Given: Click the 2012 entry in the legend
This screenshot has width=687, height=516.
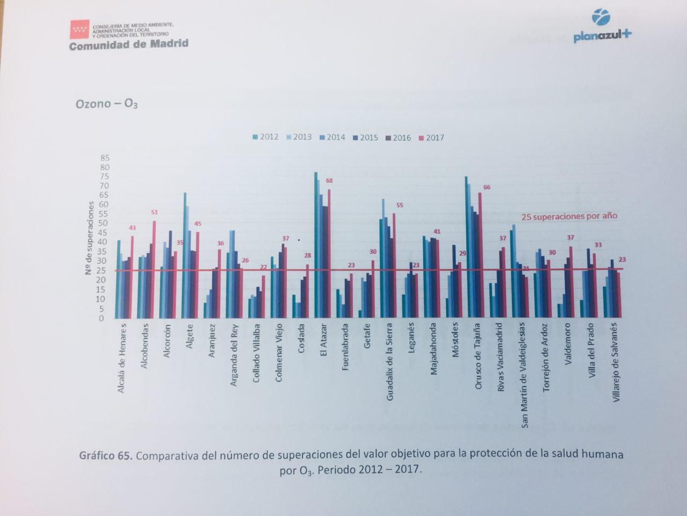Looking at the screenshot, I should point(266,137).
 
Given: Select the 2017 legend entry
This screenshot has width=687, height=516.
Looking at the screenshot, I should point(432,138).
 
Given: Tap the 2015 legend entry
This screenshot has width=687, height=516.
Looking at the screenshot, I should point(366,138).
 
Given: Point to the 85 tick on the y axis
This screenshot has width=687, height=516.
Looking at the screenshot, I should point(104,158).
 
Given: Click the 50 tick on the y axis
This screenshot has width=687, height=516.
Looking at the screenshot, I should point(104,223).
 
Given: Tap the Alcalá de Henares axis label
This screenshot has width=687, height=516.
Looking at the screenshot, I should point(122,358).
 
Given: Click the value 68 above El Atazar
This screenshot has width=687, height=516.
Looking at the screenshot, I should point(328,180).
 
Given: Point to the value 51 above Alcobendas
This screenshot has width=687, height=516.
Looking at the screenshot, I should point(155,212).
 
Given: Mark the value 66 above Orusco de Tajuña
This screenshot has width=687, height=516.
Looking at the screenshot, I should point(487,187).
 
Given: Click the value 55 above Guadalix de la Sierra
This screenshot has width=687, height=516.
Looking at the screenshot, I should point(399,205).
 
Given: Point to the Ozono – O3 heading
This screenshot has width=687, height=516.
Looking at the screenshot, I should point(106,104).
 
